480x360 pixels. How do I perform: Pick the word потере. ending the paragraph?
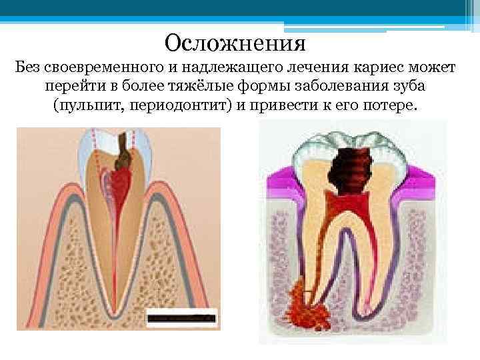point(386,107)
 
